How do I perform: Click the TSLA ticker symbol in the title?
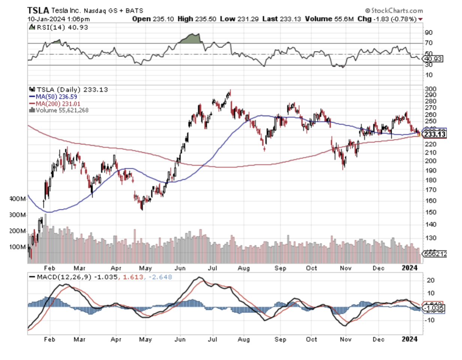click(x=38, y=10)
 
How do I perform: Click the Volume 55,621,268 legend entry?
click(x=60, y=111)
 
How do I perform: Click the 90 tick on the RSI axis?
click(x=428, y=33)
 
